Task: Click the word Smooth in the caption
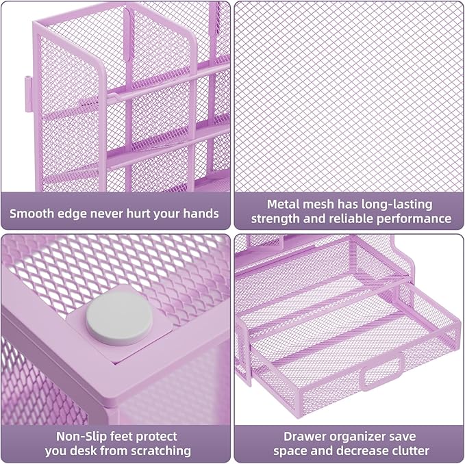pos(34,213)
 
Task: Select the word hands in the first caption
pos(201,213)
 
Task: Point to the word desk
pos(91,451)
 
